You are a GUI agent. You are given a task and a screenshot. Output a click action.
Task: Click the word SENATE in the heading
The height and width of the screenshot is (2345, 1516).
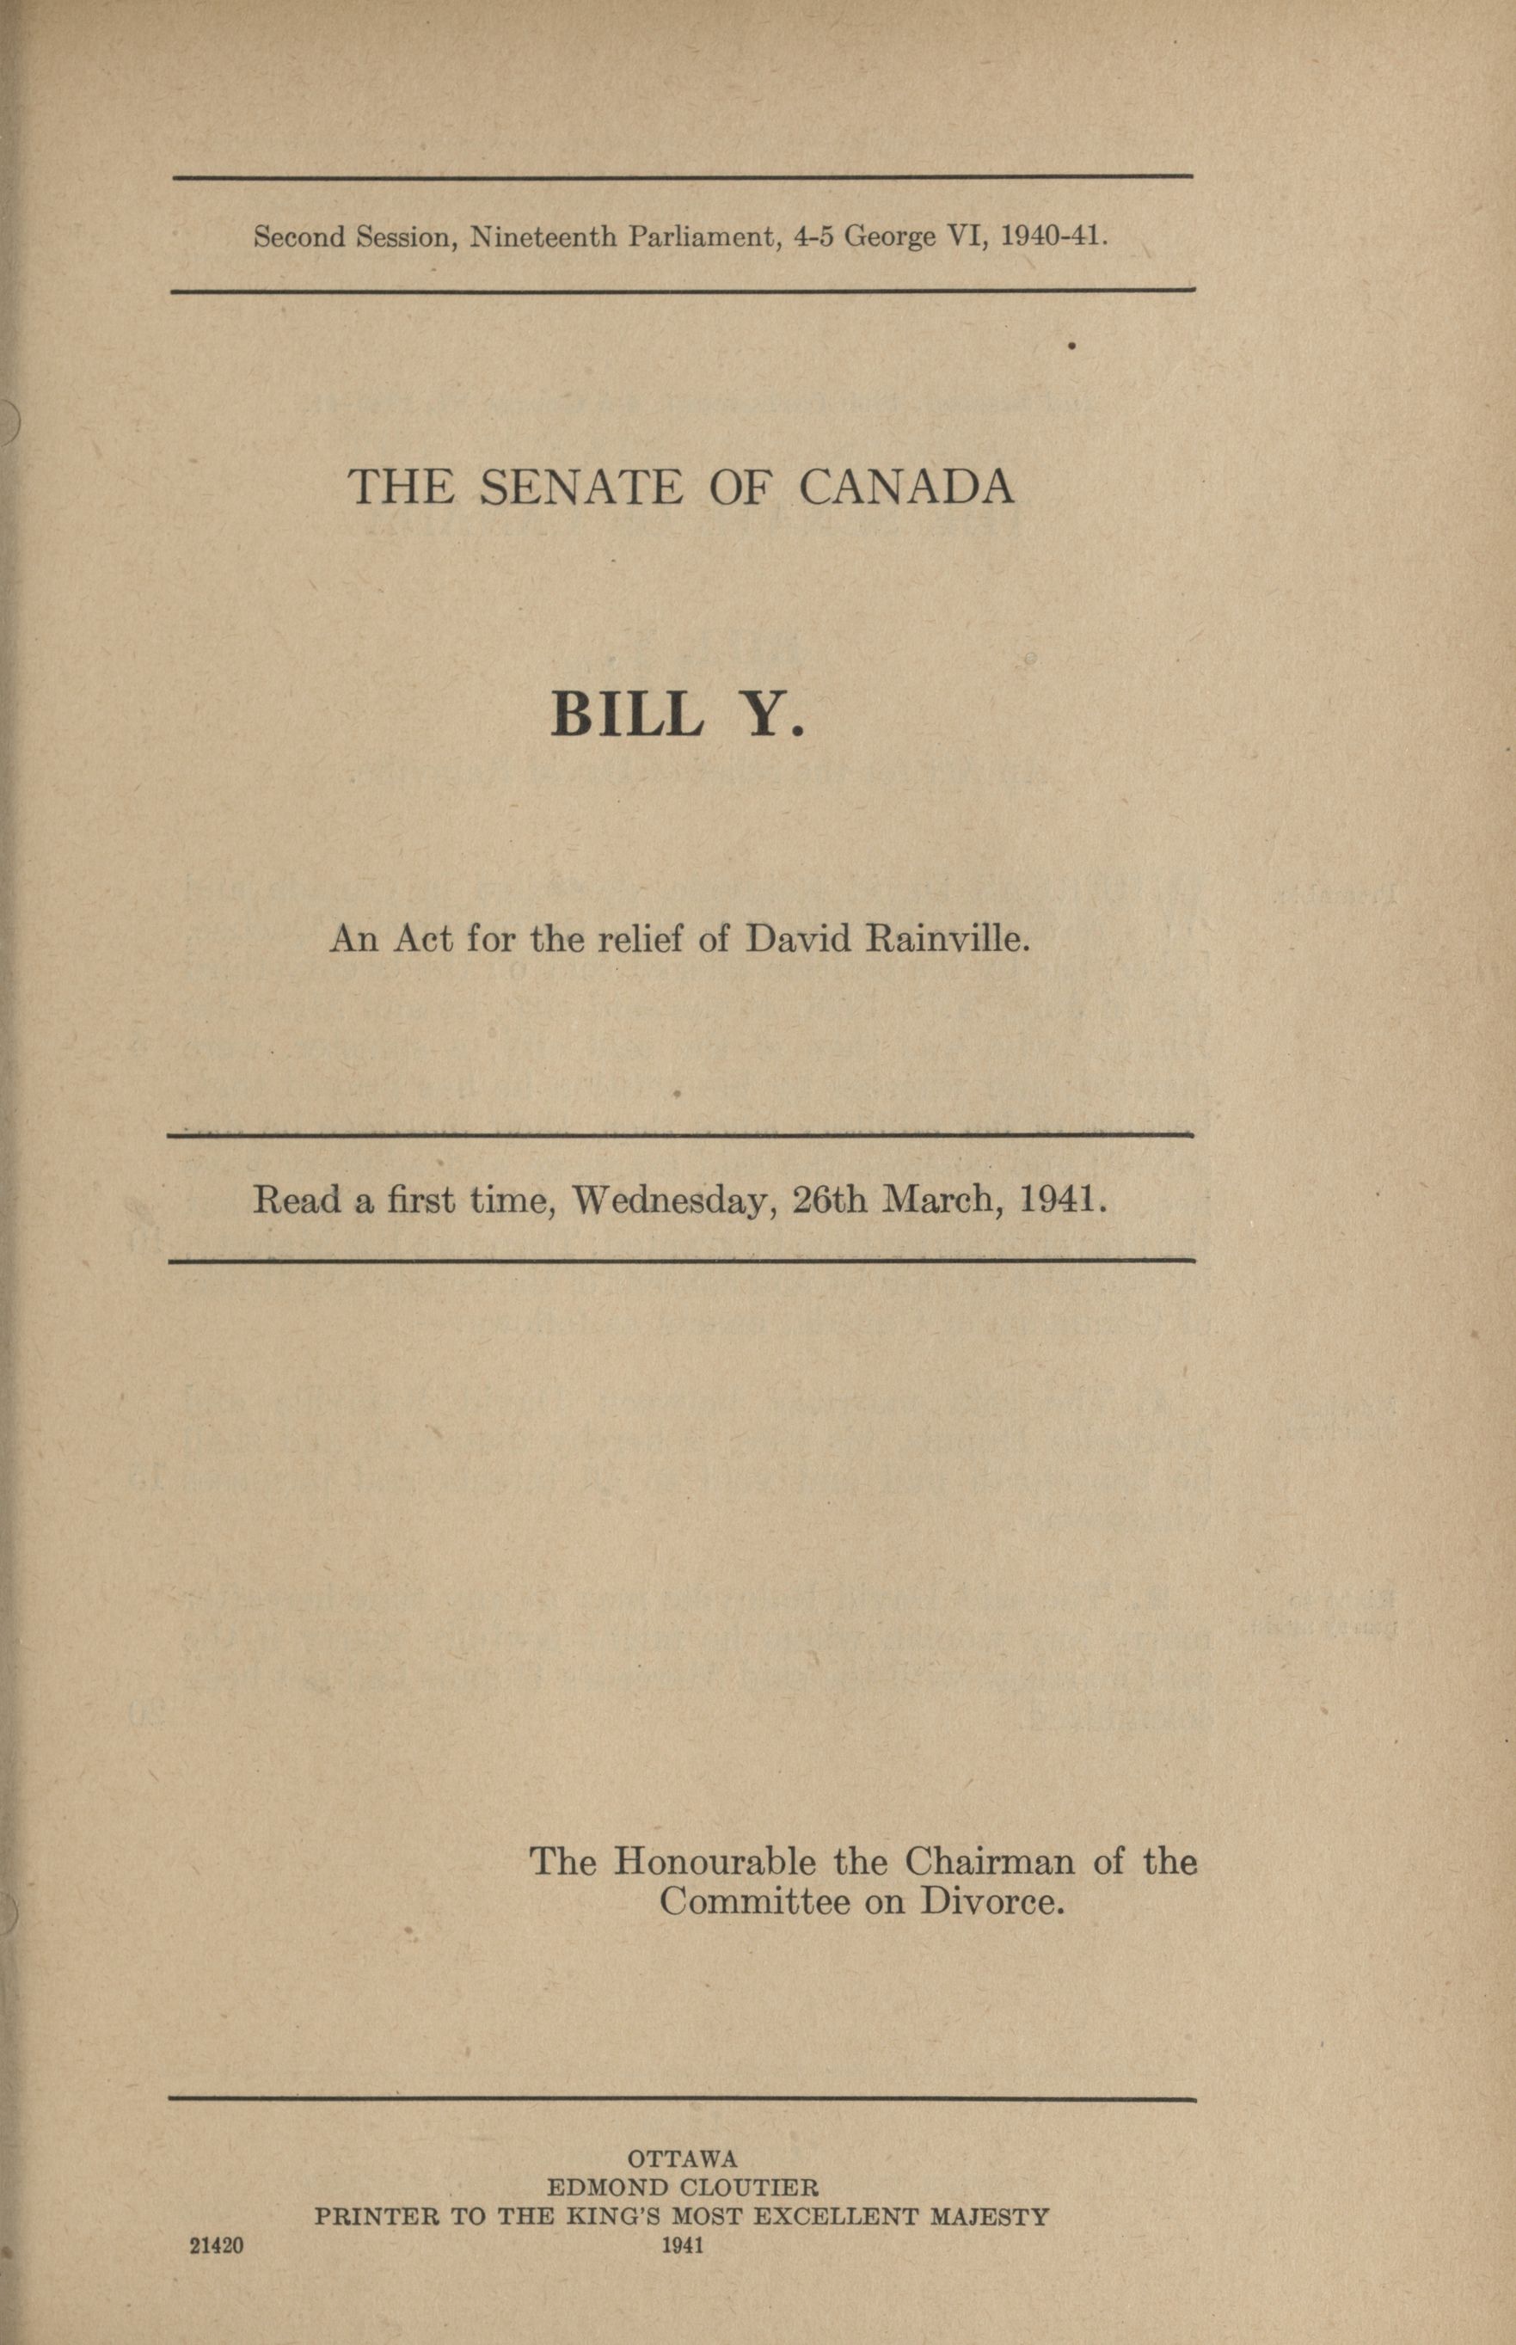point(580,488)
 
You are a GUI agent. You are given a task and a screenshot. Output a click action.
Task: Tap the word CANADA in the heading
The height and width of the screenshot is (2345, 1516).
point(905,488)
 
